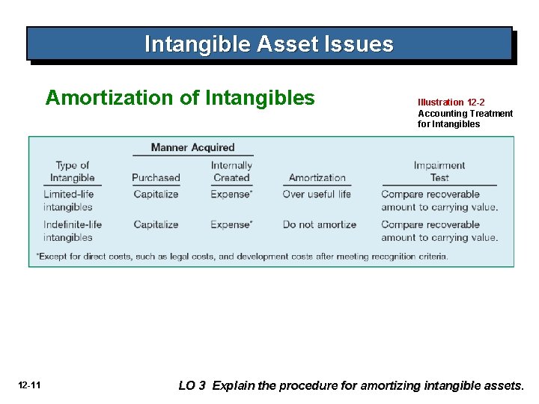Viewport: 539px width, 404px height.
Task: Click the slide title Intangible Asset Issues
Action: click(x=269, y=44)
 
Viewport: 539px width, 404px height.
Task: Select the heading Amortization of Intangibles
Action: click(x=180, y=98)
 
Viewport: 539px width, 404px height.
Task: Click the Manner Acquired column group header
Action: click(x=192, y=147)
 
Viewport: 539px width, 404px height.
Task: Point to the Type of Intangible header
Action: click(x=72, y=171)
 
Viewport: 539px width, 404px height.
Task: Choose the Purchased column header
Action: click(x=156, y=178)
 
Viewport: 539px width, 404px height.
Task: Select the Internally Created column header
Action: click(x=231, y=171)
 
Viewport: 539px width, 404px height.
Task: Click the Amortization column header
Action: click(x=317, y=178)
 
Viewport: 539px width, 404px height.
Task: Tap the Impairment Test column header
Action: click(x=439, y=171)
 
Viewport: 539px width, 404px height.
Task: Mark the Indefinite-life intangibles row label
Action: click(x=72, y=230)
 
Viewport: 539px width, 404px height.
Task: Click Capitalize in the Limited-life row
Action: click(x=156, y=195)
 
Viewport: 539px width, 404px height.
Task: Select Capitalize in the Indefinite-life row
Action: click(x=156, y=224)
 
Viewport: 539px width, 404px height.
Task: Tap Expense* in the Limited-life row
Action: click(x=231, y=195)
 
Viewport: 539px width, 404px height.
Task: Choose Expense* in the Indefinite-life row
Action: click(x=231, y=224)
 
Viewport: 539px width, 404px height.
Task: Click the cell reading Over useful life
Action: click(x=317, y=195)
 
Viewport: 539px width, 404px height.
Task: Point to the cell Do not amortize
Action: click(x=319, y=224)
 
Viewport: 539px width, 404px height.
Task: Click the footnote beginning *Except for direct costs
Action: click(x=242, y=257)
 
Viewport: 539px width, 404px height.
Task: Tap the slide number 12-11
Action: click(x=30, y=385)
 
